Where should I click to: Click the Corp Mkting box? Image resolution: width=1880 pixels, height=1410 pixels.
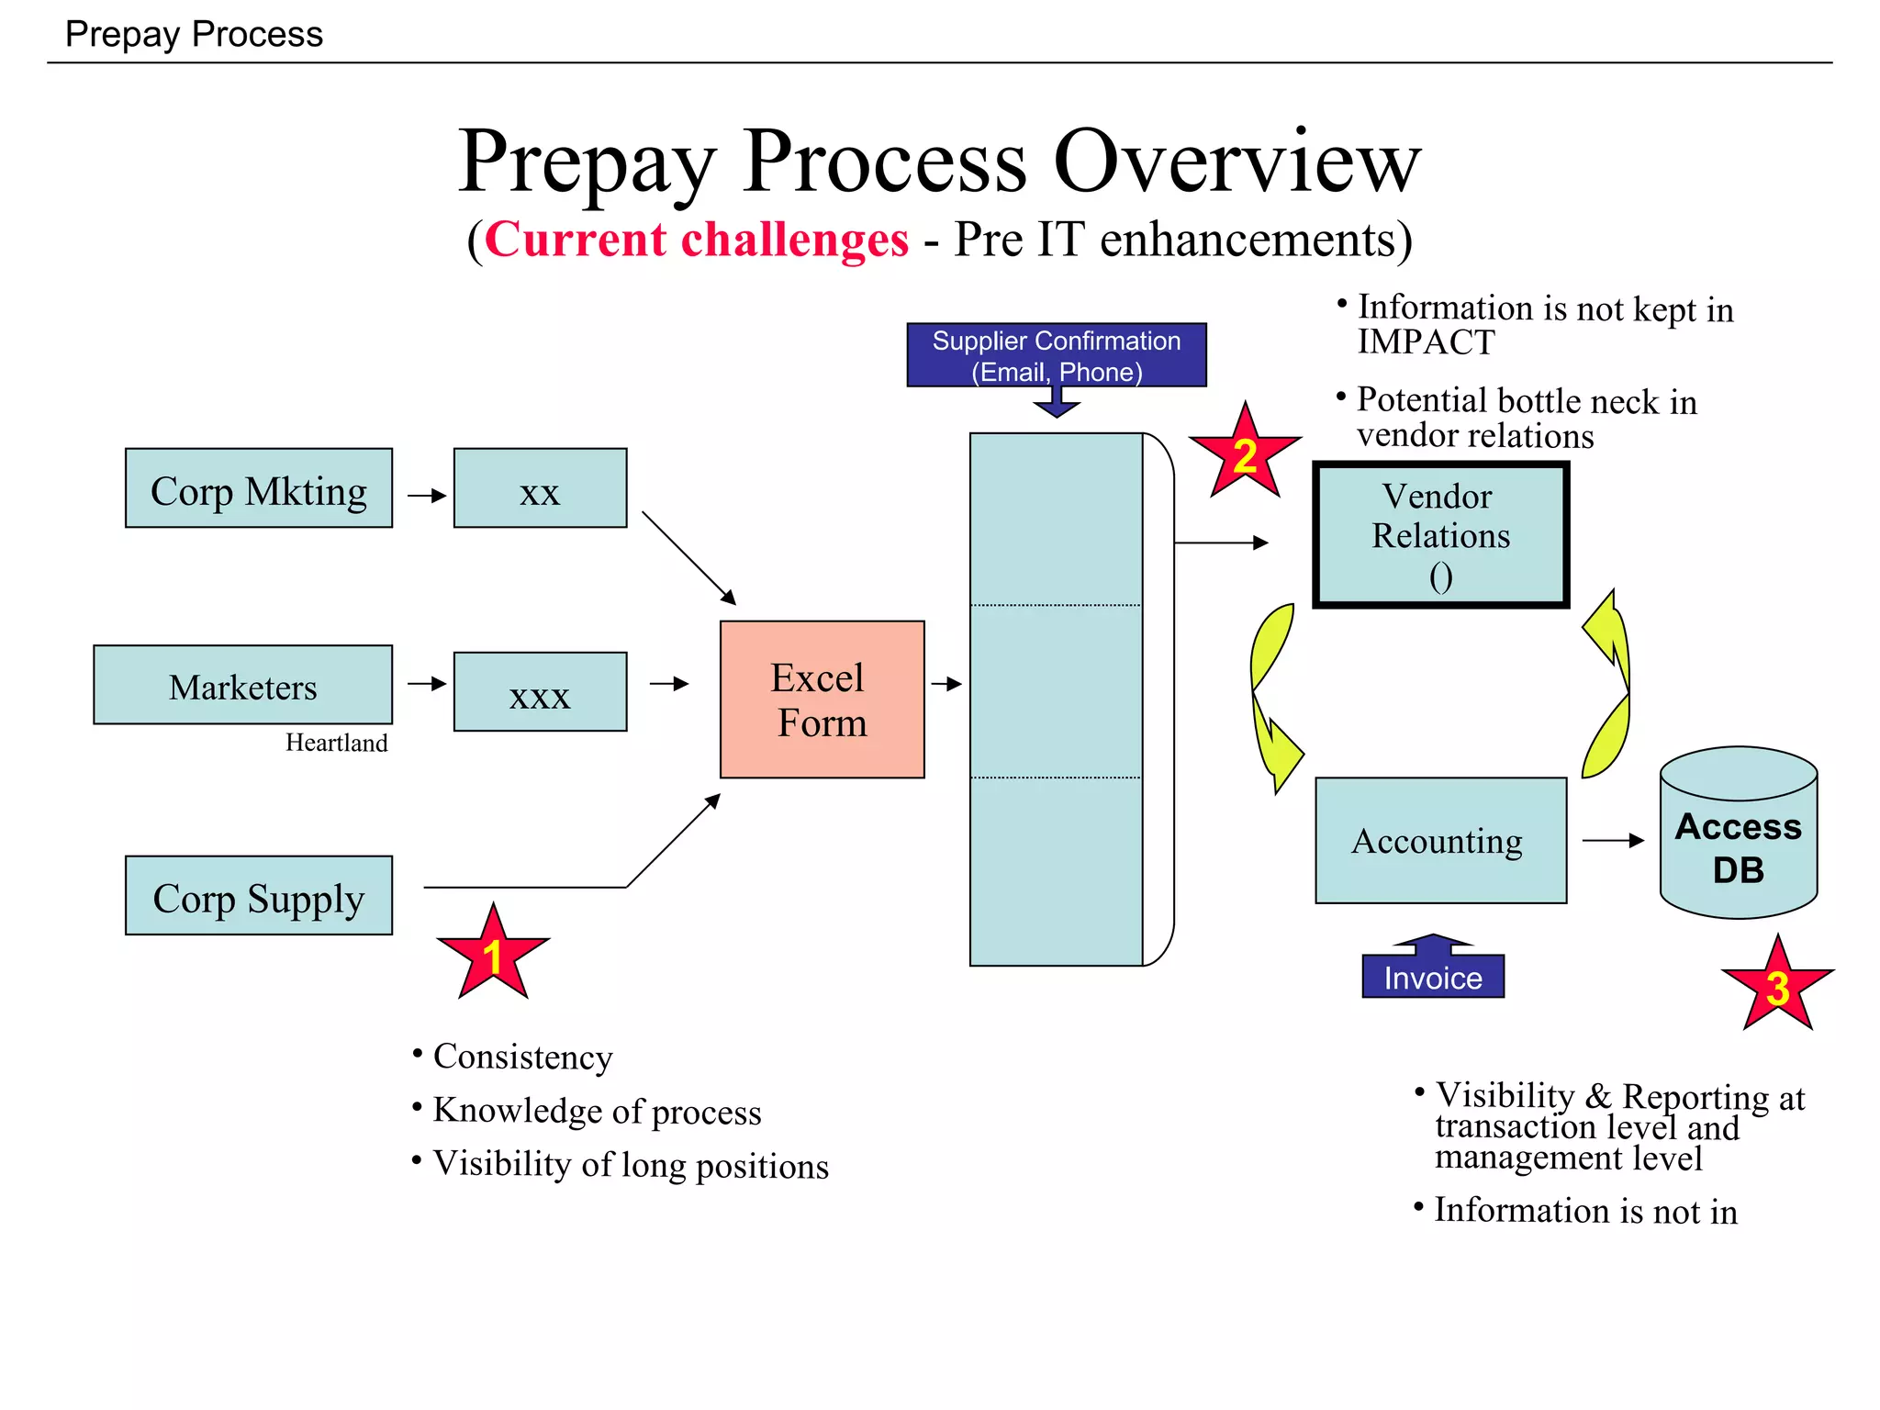coord(258,488)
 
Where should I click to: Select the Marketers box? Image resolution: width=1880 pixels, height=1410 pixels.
coord(242,685)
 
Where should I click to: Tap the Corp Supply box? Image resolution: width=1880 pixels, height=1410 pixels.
coord(258,896)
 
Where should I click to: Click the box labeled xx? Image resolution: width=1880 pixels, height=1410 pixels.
coord(540,488)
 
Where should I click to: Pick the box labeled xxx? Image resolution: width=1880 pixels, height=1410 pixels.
coord(540,692)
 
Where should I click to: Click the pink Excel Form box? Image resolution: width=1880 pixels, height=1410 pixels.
coord(822,699)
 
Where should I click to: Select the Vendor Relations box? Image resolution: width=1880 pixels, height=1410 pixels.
coord(1440,535)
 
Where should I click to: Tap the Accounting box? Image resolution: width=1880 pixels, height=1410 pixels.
coord(1440,841)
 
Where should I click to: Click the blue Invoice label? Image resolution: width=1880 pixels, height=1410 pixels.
coord(1432,977)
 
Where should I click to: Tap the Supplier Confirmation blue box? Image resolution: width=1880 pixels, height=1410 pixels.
coord(1056,355)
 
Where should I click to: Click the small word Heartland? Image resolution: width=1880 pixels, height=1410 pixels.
coord(336,743)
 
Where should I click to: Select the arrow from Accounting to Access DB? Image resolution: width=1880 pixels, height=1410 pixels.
coord(1612,841)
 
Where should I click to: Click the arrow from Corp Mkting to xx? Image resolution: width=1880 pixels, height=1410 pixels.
coord(426,496)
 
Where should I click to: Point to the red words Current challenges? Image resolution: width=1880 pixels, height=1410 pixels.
coord(697,241)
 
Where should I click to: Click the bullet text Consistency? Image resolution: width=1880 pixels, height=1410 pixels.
coord(522,1057)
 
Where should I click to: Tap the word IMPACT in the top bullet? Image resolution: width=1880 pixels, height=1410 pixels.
coord(1426,342)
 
